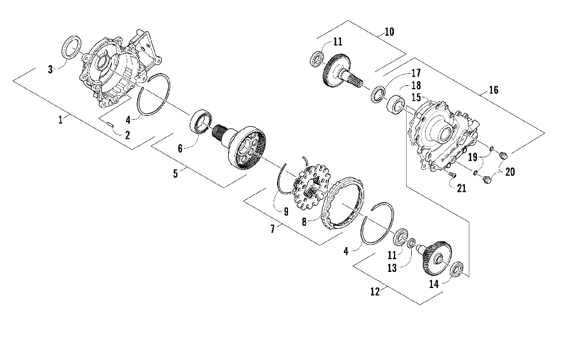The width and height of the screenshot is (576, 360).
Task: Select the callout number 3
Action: [x=51, y=69]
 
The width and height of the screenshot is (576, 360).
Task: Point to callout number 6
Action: [x=180, y=148]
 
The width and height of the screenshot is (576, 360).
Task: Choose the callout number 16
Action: [x=493, y=90]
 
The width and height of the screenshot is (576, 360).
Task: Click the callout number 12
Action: [x=375, y=291]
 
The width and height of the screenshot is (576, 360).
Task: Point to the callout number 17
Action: [x=416, y=73]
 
